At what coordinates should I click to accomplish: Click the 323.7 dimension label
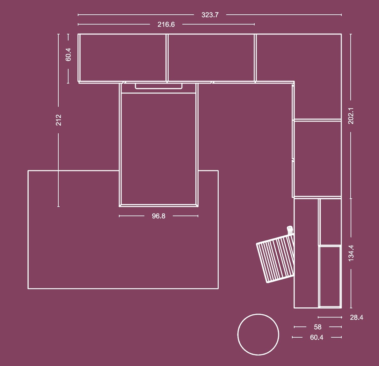(210, 15)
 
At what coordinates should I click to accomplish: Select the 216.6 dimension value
(166, 25)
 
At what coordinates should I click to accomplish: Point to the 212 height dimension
(59, 120)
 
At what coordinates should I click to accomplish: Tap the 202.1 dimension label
(351, 116)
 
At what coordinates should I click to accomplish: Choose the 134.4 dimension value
(351, 253)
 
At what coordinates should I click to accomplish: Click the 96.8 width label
(158, 216)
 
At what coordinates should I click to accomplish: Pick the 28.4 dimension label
(356, 318)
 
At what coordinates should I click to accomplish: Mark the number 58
(317, 327)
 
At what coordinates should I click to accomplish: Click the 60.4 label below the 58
(317, 338)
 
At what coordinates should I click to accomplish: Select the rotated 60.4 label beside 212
(68, 55)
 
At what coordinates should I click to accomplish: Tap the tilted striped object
(275, 258)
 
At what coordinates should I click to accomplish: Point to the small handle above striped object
(289, 230)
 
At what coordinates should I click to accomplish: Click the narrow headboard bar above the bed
(158, 86)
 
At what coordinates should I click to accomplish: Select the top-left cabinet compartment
(123, 58)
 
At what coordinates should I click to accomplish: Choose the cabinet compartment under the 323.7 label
(211, 58)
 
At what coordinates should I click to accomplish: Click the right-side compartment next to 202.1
(317, 158)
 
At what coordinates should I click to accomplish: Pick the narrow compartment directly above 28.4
(330, 276)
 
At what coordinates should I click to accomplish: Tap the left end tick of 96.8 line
(120, 216)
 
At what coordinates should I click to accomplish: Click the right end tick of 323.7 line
(341, 15)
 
